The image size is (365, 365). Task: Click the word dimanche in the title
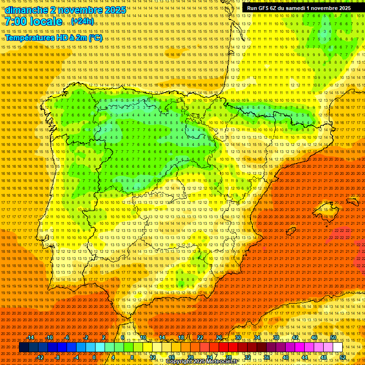click(26, 10)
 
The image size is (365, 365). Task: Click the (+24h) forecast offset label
click(83, 21)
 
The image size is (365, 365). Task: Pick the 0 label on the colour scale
click(94, 357)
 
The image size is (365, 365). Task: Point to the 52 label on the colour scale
click(343, 357)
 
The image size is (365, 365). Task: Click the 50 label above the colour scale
click(333, 337)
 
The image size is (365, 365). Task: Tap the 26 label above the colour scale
click(219, 337)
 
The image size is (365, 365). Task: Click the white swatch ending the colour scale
click(338, 347)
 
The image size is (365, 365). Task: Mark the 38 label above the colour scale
click(276, 337)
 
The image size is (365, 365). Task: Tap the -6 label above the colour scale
click(67, 337)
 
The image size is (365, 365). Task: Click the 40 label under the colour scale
click(286, 357)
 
